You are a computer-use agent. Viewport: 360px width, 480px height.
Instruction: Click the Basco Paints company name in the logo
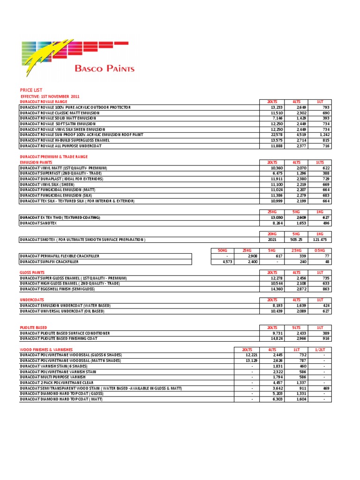coord(105,68)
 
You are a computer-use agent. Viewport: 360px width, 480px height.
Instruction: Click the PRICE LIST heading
coord(31,90)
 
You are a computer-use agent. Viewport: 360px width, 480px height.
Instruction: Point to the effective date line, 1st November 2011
coord(47,96)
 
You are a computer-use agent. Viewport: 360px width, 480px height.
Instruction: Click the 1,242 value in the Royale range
coord(323,135)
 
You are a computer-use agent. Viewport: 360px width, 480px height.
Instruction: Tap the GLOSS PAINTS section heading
coord(32,272)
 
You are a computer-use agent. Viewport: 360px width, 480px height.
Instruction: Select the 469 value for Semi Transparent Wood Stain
coord(325,389)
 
